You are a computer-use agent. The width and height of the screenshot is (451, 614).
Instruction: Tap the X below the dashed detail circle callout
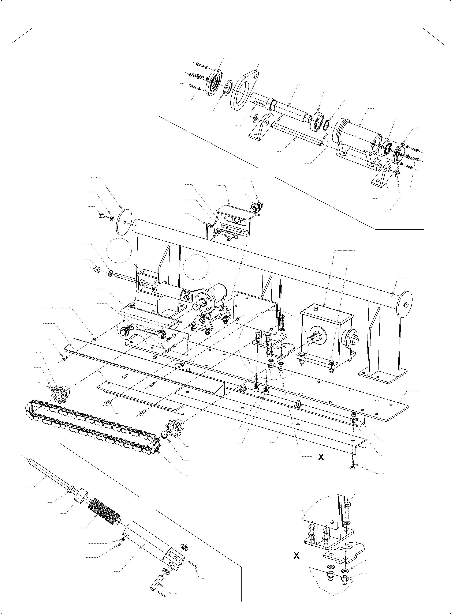coord(321,457)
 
